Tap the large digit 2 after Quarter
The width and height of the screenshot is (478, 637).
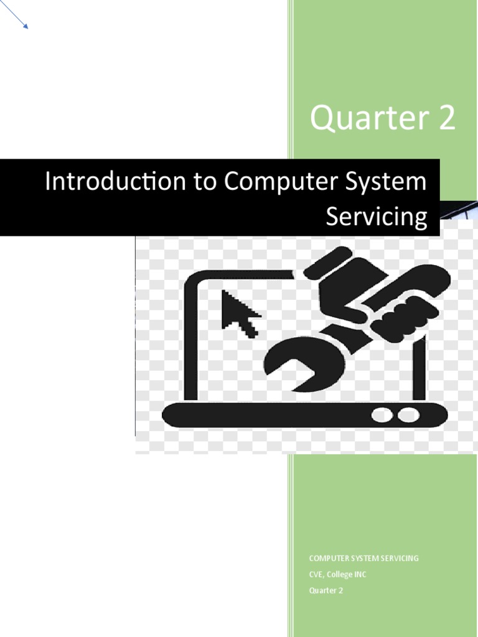pos(446,119)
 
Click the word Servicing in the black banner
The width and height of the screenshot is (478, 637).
pos(377,216)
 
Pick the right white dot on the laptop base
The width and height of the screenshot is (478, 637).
pos(408,415)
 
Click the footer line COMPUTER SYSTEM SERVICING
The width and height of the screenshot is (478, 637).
pos(364,558)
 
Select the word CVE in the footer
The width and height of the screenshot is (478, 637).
pos(317,574)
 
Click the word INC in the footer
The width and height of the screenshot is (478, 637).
pos(361,574)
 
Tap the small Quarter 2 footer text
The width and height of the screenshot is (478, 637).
pos(326,590)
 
